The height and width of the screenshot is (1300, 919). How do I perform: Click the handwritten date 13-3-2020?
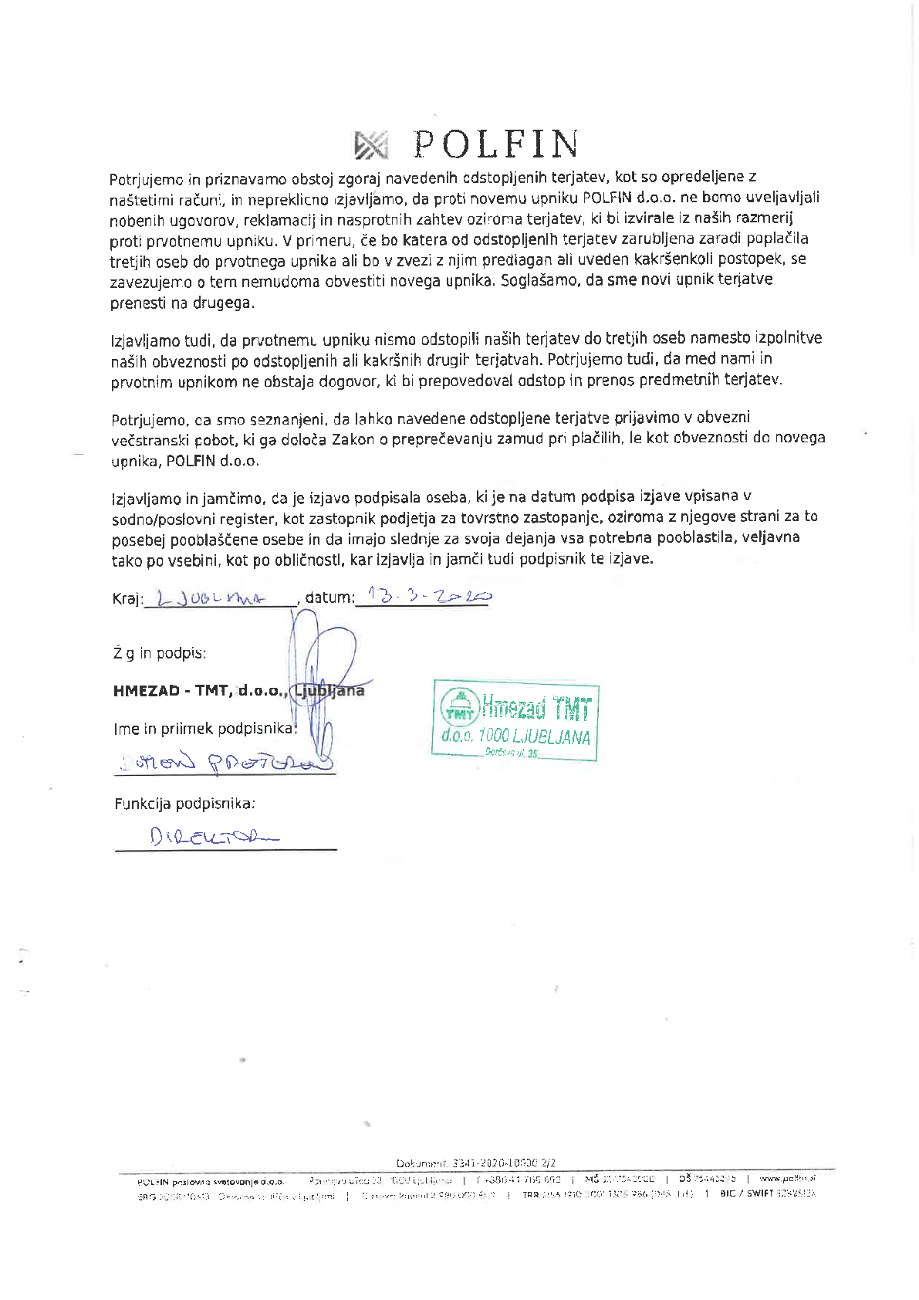pyautogui.click(x=429, y=596)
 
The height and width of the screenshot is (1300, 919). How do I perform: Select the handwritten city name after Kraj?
pyautogui.click(x=210, y=598)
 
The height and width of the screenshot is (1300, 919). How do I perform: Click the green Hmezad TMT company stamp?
pyautogui.click(x=515, y=721)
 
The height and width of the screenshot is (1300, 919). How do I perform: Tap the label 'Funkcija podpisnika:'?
pyautogui.click(x=184, y=804)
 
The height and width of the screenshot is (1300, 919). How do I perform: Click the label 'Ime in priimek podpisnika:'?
pyautogui.click(x=204, y=728)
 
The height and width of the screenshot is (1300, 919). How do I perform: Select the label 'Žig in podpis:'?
pyautogui.click(x=159, y=653)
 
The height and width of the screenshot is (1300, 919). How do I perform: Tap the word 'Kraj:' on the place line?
pyautogui.click(x=127, y=598)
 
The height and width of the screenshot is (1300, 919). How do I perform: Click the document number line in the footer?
pyautogui.click(x=475, y=1163)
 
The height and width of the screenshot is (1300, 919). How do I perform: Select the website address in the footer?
pyautogui.click(x=786, y=1179)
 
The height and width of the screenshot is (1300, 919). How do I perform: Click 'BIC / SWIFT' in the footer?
pyautogui.click(x=745, y=1194)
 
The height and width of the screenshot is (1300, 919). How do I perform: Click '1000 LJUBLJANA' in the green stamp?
pyautogui.click(x=533, y=736)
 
